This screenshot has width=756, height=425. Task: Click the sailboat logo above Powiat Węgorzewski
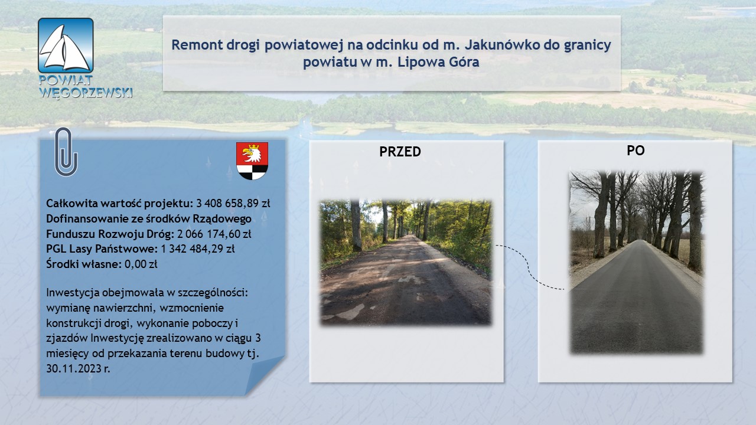66,45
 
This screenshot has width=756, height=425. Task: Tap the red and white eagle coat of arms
252,161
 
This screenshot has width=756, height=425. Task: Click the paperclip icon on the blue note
66,152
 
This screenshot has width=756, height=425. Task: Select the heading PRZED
400,152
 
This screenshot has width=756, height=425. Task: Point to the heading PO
636,151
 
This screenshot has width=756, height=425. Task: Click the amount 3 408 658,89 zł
233,204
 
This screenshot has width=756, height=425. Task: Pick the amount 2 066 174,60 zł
214,234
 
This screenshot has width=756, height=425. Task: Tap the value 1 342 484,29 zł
197,249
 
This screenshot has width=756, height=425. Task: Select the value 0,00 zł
141,264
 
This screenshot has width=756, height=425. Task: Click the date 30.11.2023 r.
79,368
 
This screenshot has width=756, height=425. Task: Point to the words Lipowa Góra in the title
438,62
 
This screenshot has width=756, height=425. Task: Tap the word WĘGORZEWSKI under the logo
86,93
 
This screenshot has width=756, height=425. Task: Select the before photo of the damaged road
405,263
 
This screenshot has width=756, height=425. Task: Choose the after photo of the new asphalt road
636,263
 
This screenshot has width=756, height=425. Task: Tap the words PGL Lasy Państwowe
102,249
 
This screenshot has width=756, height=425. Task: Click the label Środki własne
84,264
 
